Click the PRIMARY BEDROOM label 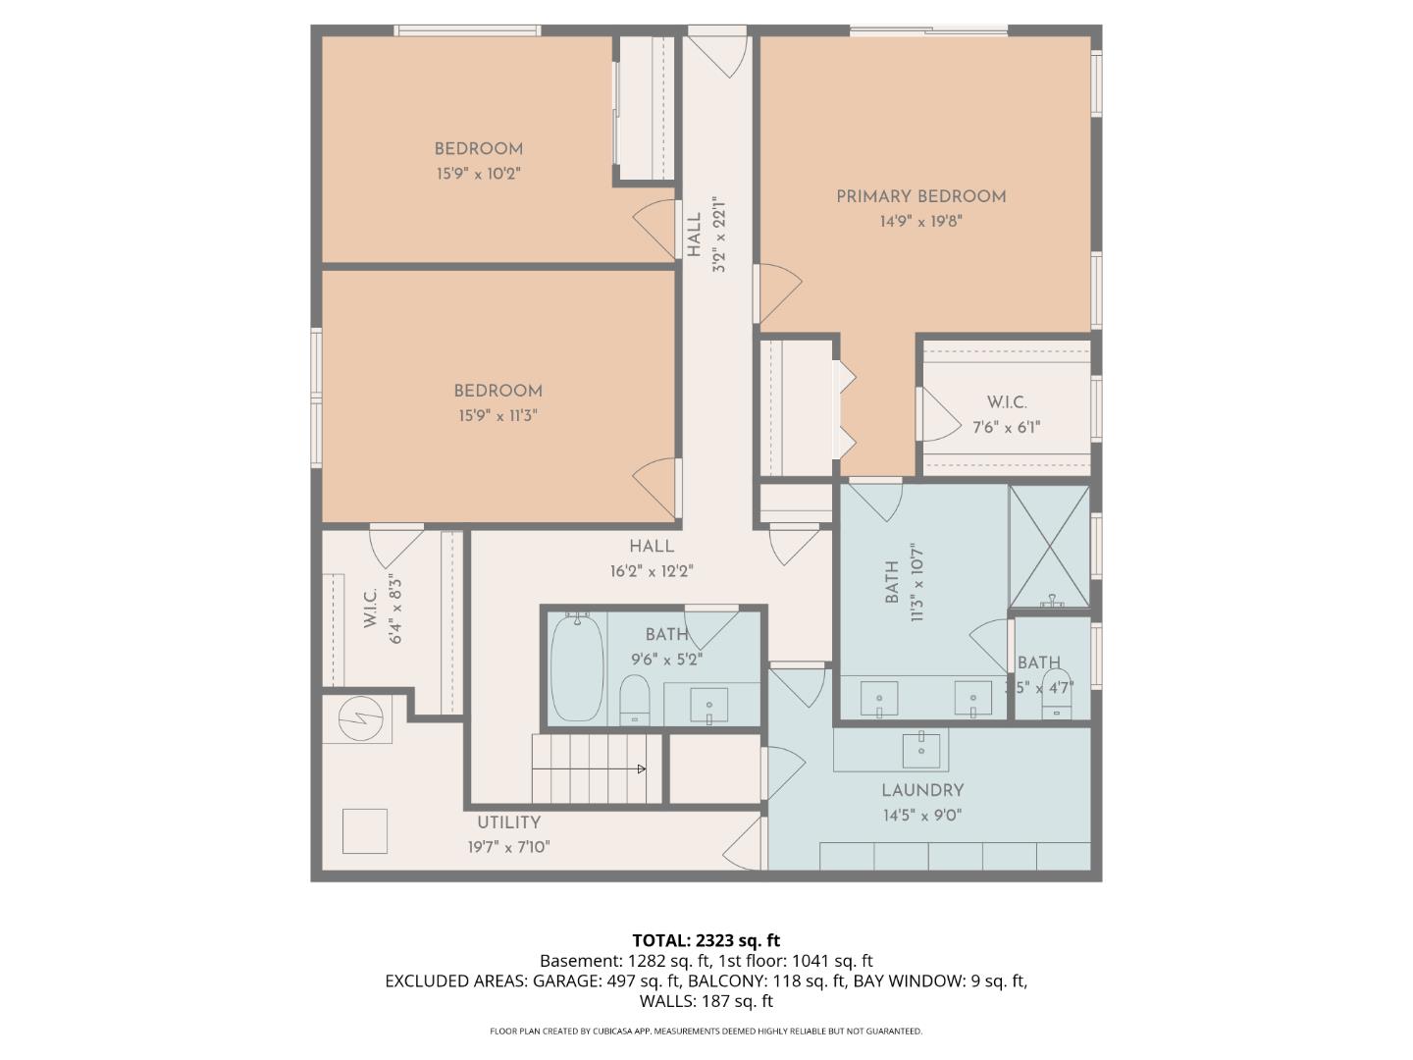tap(920, 196)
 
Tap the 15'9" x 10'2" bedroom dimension tap(478, 174)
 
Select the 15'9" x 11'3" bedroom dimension tap(497, 415)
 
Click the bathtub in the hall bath tap(576, 668)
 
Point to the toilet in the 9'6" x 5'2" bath tap(636, 698)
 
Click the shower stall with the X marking tap(1049, 546)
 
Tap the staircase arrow tap(641, 768)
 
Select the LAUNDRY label tap(921, 790)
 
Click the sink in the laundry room tap(920, 750)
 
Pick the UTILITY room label tap(508, 822)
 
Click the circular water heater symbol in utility tap(356, 719)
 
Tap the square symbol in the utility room tap(364, 831)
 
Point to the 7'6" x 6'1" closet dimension tap(1006, 427)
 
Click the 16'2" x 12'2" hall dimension tap(652, 571)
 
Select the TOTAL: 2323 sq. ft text tap(706, 940)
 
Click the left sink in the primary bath tap(879, 699)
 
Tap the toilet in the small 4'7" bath tap(1056, 691)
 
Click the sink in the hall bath tap(708, 705)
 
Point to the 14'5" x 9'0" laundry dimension tap(921, 815)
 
